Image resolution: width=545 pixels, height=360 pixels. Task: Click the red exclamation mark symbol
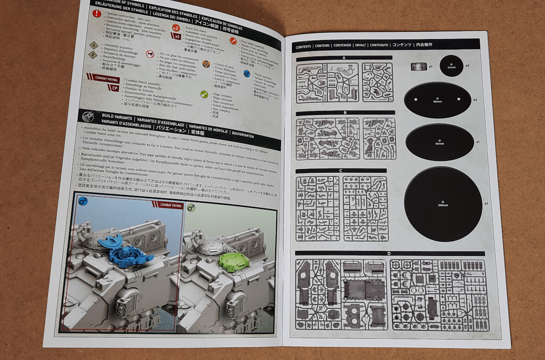click(x=97, y=13)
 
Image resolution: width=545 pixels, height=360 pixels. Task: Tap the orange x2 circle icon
click(x=176, y=28)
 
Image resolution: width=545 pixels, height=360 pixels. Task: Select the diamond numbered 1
click(x=93, y=45)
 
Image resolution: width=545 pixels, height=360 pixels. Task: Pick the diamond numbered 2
click(x=93, y=55)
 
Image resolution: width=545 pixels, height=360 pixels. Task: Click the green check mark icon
click(x=204, y=95)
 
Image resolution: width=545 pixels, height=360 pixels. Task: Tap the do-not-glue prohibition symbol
click(x=150, y=54)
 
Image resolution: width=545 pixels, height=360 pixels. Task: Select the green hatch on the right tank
click(x=234, y=262)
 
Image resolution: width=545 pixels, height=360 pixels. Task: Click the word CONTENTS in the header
click(x=303, y=46)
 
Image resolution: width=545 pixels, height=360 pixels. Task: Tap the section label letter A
click(x=344, y=58)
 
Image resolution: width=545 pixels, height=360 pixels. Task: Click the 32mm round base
click(x=451, y=66)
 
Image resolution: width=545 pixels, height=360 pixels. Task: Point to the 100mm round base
click(x=443, y=203)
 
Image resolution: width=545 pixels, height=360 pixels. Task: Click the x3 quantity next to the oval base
click(x=475, y=100)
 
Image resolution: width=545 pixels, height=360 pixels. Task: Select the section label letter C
click(x=341, y=171)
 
